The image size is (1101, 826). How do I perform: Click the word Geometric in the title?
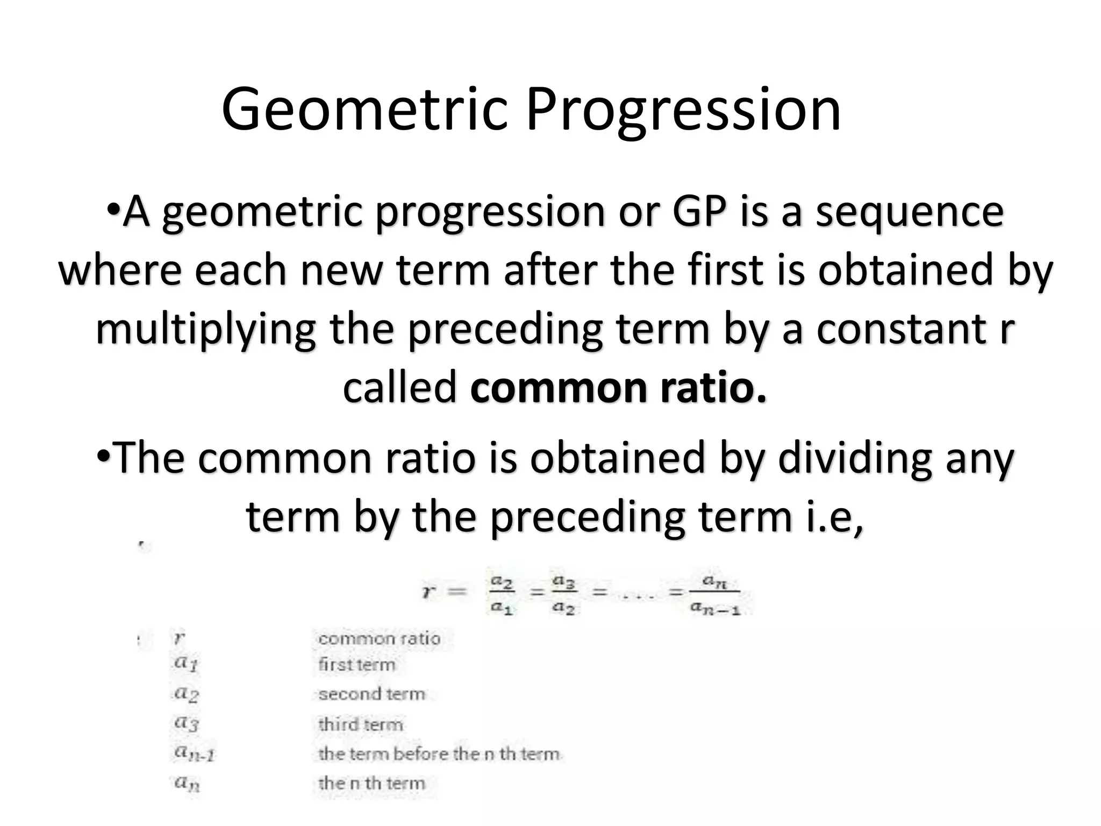(x=364, y=110)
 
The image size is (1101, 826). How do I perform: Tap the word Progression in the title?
(x=683, y=110)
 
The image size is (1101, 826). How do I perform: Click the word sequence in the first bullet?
(x=910, y=212)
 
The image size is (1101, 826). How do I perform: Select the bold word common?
(x=559, y=387)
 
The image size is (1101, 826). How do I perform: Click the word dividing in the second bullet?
(x=855, y=458)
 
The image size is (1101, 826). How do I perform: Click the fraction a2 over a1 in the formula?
(x=502, y=594)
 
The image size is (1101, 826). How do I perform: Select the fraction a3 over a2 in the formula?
(x=564, y=594)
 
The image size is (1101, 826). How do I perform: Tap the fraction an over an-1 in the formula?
(x=715, y=594)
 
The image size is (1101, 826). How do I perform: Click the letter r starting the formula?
(x=428, y=592)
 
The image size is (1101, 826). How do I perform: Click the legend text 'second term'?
(x=371, y=694)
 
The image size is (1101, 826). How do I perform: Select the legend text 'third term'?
(x=361, y=724)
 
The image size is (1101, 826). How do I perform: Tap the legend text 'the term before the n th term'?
(x=439, y=754)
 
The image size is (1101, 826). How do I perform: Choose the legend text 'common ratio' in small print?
(x=379, y=639)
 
